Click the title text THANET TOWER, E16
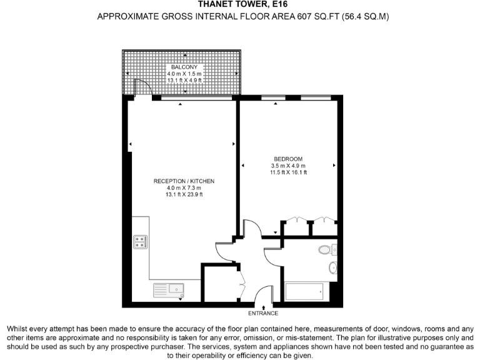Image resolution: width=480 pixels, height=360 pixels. [x=239, y=4]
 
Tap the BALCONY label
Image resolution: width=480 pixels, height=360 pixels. [x=184, y=67]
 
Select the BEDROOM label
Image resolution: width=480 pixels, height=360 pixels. [x=287, y=158]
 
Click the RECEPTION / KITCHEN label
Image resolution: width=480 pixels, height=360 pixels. [x=184, y=181]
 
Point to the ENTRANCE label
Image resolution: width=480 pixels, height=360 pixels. [x=264, y=313]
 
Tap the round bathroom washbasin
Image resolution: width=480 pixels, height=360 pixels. [x=333, y=269]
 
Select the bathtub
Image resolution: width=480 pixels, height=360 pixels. [x=304, y=291]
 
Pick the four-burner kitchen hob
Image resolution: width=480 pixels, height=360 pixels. [x=140, y=242]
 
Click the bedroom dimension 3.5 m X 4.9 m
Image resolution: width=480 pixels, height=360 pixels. [x=287, y=165]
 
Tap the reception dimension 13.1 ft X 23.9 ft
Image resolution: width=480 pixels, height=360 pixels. [x=184, y=195]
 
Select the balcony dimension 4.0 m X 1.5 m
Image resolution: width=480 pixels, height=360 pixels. [x=184, y=74]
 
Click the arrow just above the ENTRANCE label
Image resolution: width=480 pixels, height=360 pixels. [x=264, y=306]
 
